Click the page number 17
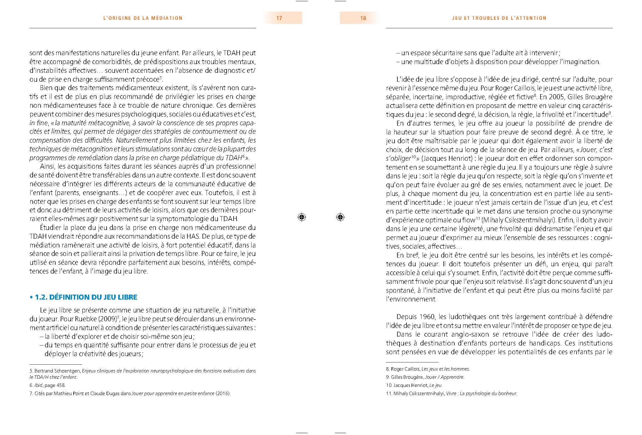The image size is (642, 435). coord(279,18)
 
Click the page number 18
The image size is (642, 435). coord(363,18)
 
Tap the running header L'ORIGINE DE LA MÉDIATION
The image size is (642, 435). coord(143,18)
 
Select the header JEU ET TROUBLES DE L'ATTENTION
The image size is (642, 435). coord(499,18)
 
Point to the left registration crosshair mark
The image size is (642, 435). coord(302,217)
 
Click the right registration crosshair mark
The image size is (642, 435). coord(340,217)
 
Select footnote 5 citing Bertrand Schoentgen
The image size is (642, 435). coord(142,374)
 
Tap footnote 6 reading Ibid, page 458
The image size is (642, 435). coord(47,385)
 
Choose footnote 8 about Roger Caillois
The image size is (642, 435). coord(428,369)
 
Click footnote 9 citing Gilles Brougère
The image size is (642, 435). coord(425,377)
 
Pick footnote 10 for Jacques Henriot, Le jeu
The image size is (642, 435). coord(414,385)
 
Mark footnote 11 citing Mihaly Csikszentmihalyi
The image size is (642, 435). coord(451,394)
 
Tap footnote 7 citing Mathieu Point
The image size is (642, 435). coord(130,394)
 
